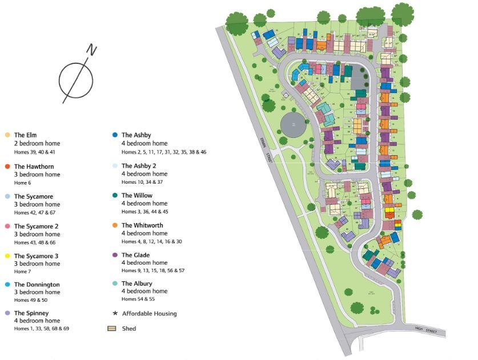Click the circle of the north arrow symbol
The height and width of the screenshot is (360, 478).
pyautogui.click(x=76, y=80)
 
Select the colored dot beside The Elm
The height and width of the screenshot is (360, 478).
pyautogui.click(x=7, y=135)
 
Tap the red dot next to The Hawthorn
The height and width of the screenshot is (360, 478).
pyautogui.click(x=7, y=167)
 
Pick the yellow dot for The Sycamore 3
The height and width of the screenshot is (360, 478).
pyautogui.click(x=7, y=256)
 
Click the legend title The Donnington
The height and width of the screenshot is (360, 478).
pyautogui.click(x=37, y=285)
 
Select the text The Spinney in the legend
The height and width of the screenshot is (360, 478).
pyautogui.click(x=31, y=313)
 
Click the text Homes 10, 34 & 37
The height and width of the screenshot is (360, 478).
pyautogui.click(x=142, y=182)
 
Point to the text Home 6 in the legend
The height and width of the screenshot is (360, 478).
pyautogui.click(x=23, y=183)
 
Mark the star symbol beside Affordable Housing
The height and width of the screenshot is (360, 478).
pyautogui.click(x=115, y=313)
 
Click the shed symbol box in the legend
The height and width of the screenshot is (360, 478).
pyautogui.click(x=113, y=328)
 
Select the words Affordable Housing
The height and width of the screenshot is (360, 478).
pyautogui.click(x=149, y=313)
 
